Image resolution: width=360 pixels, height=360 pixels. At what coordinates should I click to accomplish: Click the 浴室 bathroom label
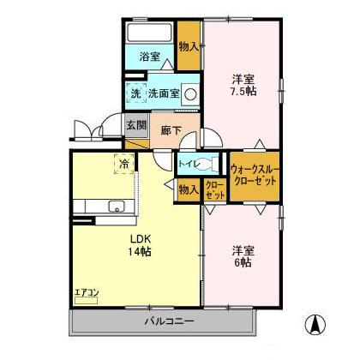[149, 57]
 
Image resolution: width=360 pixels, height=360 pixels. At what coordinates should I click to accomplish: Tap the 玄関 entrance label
[135, 125]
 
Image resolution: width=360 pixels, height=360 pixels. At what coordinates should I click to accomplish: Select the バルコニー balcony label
[167, 322]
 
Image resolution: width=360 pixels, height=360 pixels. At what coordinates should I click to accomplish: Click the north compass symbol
[315, 326]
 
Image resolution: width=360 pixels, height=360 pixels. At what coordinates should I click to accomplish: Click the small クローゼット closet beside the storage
[215, 189]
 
